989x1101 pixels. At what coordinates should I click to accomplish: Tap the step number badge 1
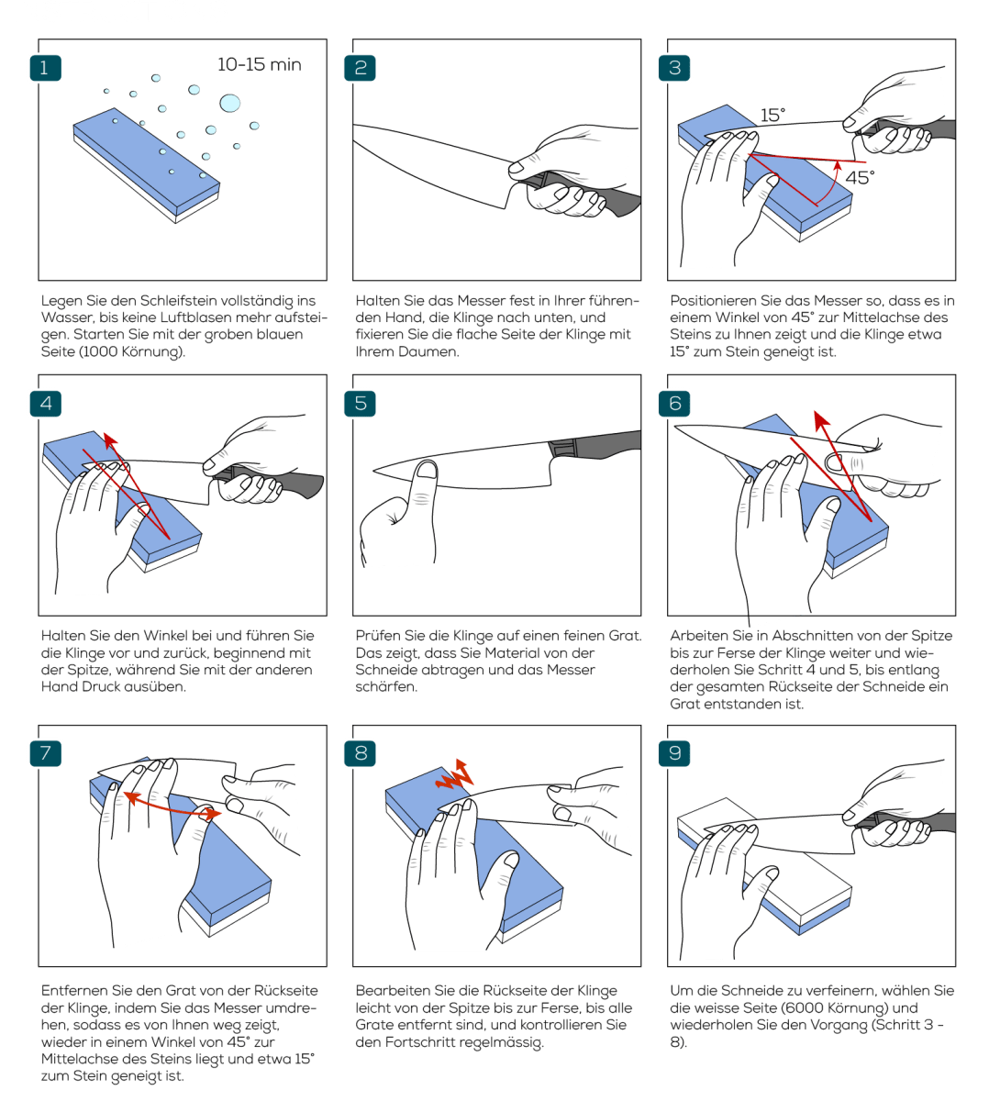46,68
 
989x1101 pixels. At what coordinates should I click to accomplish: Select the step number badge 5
360,403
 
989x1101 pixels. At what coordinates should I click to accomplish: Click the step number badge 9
674,753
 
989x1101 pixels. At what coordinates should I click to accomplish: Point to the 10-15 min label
259,65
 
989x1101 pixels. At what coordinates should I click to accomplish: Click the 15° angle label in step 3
772,116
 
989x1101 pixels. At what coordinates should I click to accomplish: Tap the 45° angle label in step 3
859,178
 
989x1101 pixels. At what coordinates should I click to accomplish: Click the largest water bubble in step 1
228,101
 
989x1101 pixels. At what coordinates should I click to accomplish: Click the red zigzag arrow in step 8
458,774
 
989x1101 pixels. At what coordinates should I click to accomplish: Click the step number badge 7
46,753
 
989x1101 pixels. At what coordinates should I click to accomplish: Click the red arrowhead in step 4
109,439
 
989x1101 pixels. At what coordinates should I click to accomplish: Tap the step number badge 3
674,68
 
